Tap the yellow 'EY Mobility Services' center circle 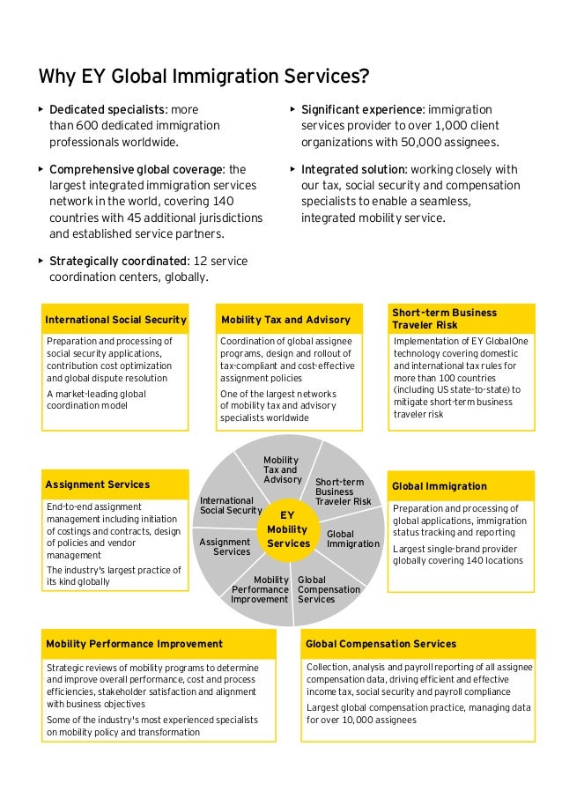[x=287, y=529]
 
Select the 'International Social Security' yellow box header [x=115, y=320]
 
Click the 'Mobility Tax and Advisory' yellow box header [x=285, y=320]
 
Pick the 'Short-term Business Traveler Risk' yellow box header [x=462, y=319]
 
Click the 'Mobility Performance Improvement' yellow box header [x=135, y=645]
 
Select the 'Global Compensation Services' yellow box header [x=381, y=645]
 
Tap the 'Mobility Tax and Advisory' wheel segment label [x=282, y=470]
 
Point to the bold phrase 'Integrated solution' [x=354, y=170]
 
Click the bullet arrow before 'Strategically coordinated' [x=41, y=261]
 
